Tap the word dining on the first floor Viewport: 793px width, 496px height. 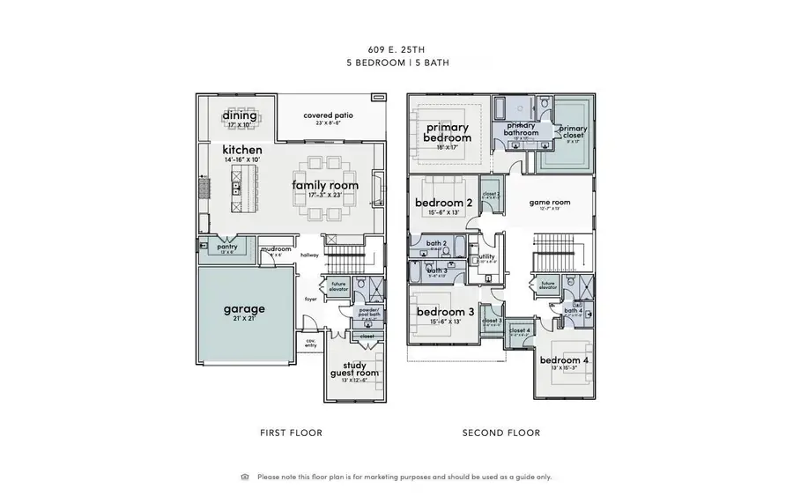tap(240, 115)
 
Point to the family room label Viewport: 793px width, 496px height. tap(326, 185)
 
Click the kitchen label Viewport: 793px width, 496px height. tap(242, 151)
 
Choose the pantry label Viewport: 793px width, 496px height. tap(226, 248)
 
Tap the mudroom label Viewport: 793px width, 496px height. tap(277, 249)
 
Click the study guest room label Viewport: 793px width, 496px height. tap(354, 368)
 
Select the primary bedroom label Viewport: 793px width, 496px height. tap(448, 132)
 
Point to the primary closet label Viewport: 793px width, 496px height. tap(573, 130)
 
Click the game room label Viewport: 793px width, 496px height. tap(550, 203)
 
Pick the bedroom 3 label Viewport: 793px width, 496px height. tap(445, 313)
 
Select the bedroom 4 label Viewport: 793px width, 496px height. tap(564, 360)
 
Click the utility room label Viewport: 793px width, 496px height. tap(487, 256)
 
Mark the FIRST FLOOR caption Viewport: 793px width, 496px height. tap(291, 433)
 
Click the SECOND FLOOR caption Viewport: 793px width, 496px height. tap(501, 433)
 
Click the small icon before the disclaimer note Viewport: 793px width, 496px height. tap(245, 477)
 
